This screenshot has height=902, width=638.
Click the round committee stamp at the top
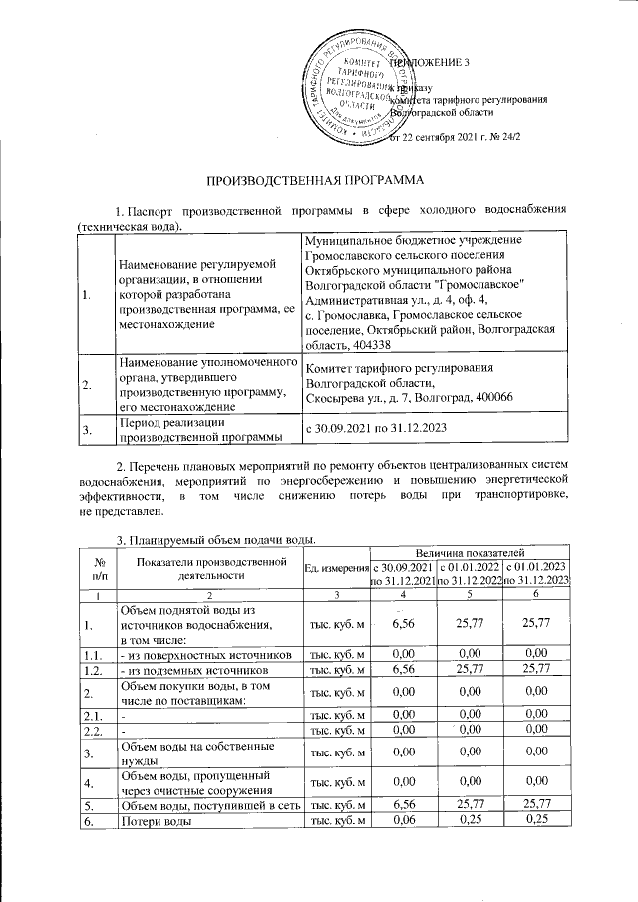coord(362,88)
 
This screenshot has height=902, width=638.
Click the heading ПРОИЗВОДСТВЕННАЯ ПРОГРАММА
coord(318,181)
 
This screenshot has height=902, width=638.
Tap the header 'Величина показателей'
coord(469,551)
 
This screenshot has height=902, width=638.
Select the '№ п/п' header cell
coord(97,568)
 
